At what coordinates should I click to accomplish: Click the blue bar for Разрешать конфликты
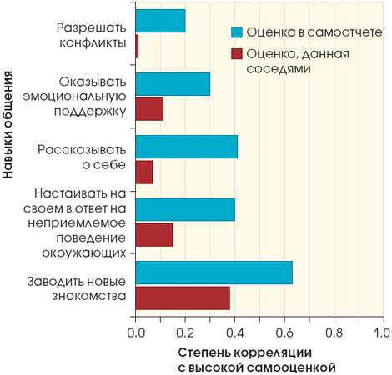click(x=160, y=21)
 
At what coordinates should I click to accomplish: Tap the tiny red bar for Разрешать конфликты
click(x=137, y=47)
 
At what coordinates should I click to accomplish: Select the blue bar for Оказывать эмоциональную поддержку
click(x=173, y=83)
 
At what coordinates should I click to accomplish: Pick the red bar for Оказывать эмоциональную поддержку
click(x=149, y=109)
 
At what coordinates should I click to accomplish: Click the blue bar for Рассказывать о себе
click(x=186, y=147)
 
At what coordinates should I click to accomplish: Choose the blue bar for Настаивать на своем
click(x=185, y=209)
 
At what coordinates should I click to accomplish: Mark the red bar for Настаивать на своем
click(x=154, y=235)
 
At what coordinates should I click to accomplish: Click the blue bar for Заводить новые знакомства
click(x=214, y=272)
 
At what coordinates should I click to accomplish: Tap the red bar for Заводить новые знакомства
click(x=183, y=297)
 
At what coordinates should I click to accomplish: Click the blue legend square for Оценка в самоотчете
click(x=237, y=32)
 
